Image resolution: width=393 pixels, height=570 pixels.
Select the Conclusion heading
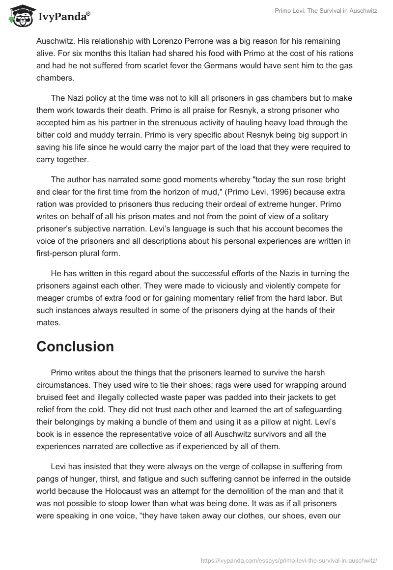(75, 346)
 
